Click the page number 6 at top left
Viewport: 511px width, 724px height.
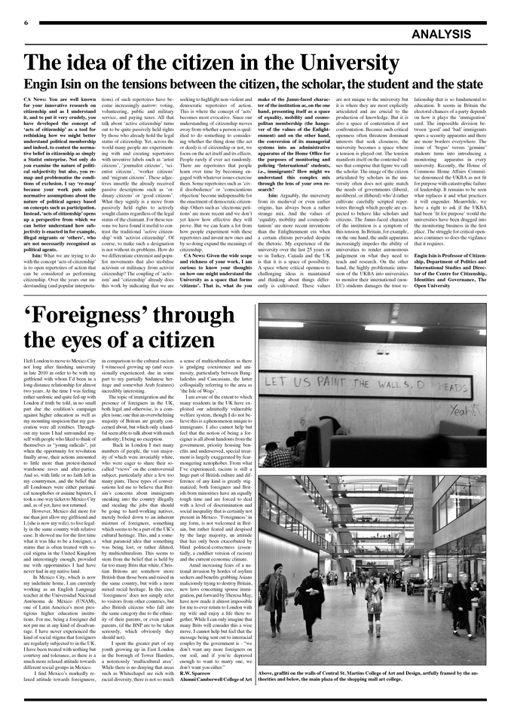click(x=26, y=23)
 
